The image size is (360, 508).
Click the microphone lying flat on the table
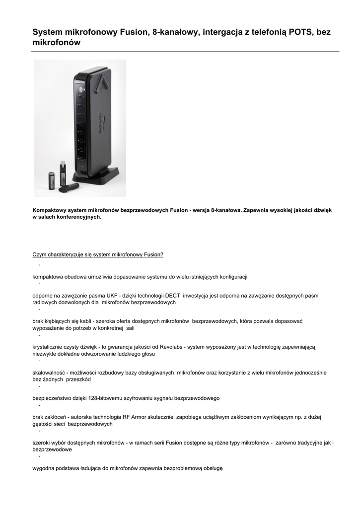click(x=68, y=188)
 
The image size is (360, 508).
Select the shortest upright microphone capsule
click(x=51, y=181)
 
